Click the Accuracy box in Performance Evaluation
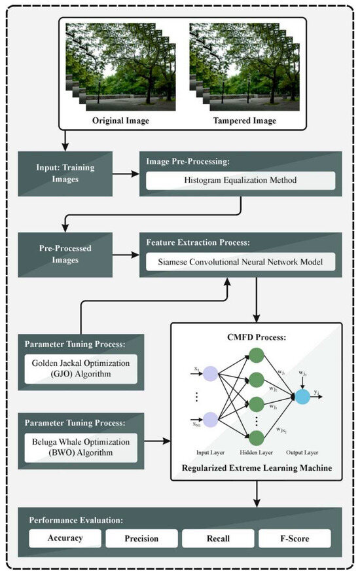point(65,538)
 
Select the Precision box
point(142,538)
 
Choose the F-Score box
point(294,538)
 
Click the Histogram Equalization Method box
point(240,181)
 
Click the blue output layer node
point(304,398)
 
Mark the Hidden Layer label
point(257,453)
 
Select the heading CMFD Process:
point(257,339)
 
